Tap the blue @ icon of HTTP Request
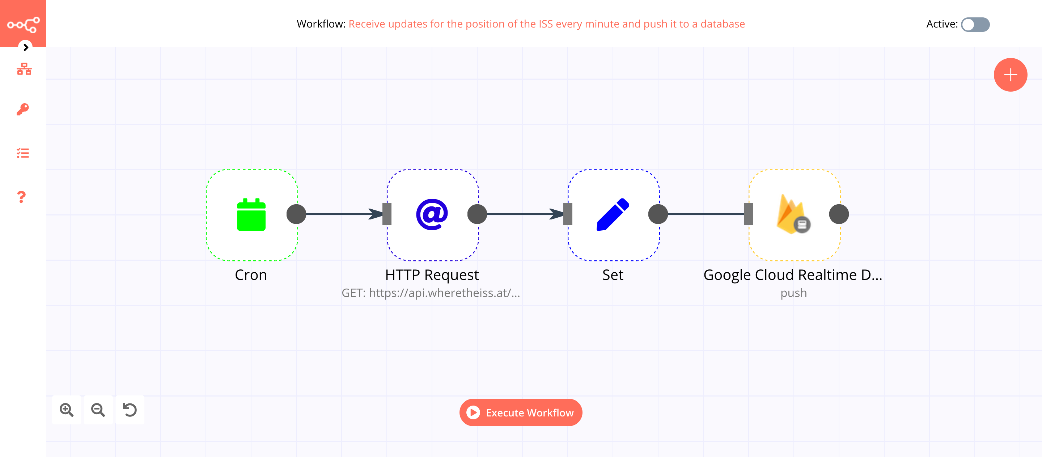432,214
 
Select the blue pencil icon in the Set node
613,214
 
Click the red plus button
1010,75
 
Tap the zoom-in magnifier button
66,410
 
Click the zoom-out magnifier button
98,410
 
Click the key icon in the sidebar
23,109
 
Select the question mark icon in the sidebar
22,197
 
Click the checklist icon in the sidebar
23,153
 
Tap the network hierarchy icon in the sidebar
24,69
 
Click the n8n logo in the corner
23,24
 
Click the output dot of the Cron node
296,214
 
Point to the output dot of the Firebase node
839,214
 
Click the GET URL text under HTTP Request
431,293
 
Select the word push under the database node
793,293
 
